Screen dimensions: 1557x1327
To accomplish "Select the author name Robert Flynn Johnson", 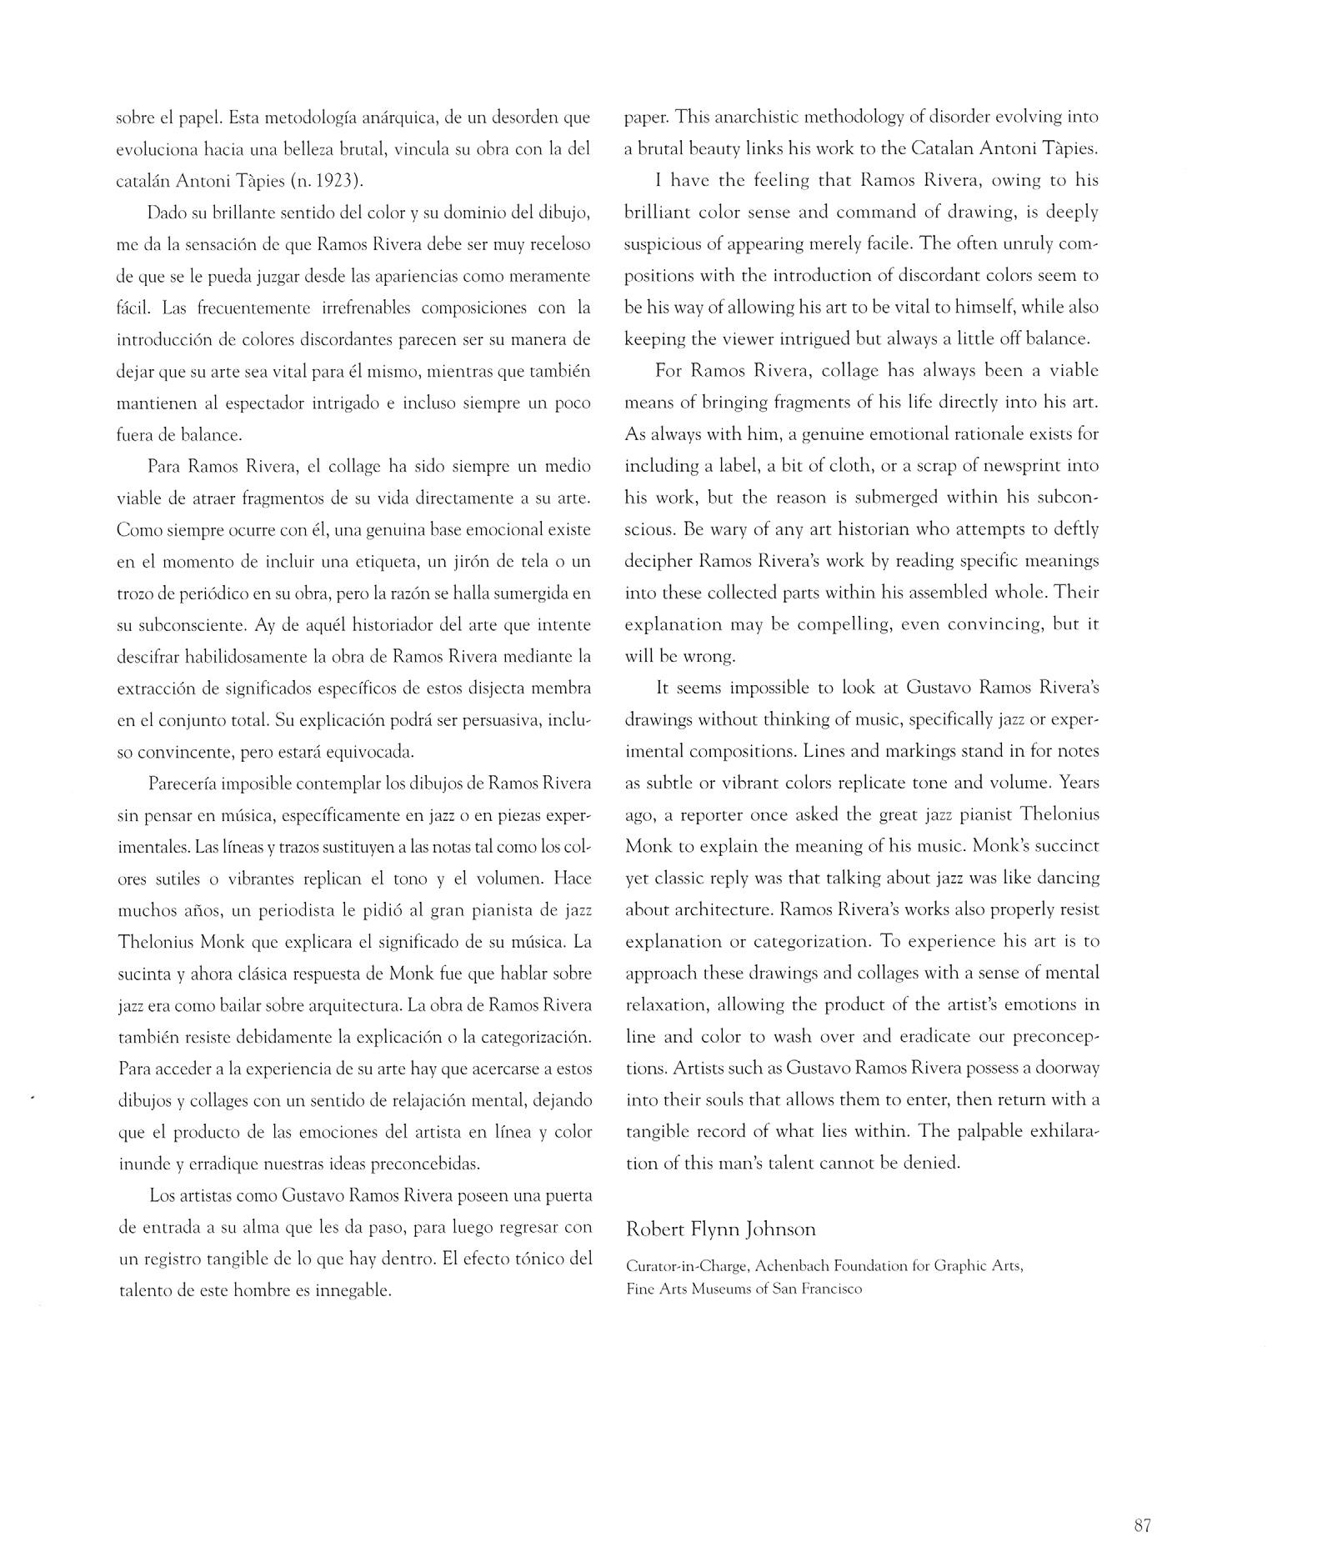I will pos(720,1229).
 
